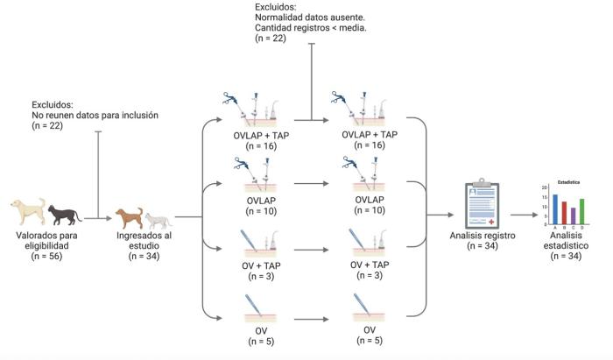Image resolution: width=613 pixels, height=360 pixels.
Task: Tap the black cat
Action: [x=64, y=213]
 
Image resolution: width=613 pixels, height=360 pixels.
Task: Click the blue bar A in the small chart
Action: [x=555, y=210]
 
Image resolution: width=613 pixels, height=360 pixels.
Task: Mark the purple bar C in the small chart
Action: [x=573, y=216]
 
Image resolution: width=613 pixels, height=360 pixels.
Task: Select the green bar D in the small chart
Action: [x=581, y=212]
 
